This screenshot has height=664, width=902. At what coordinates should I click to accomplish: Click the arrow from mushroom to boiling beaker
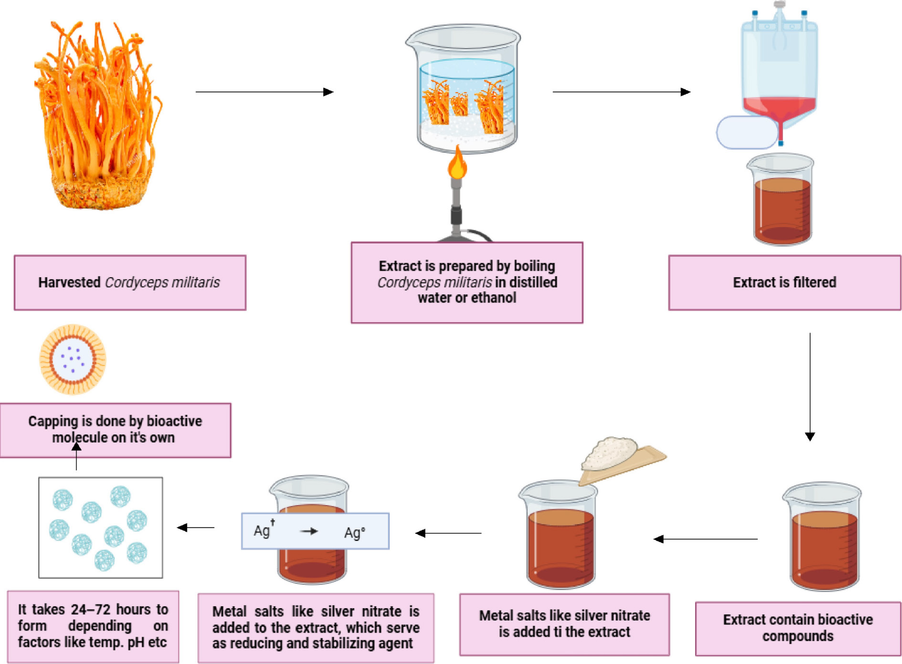(x=264, y=92)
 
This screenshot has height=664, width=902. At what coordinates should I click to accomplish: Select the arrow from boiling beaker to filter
(x=621, y=92)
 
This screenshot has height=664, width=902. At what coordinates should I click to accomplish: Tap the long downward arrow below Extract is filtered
(x=810, y=386)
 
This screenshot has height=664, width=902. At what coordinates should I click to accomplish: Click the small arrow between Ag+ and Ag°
(x=309, y=531)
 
